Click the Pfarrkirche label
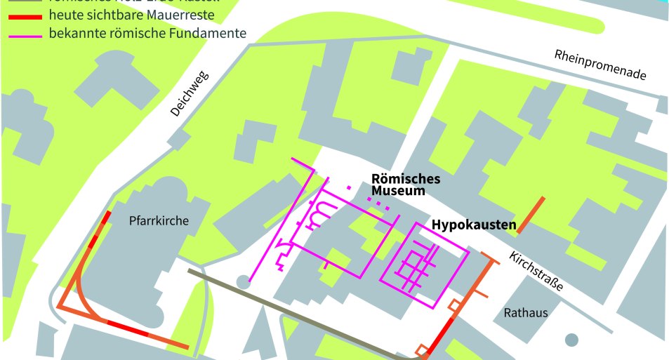(159, 220)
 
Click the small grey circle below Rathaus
(572, 340)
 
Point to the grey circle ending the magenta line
(243, 282)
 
